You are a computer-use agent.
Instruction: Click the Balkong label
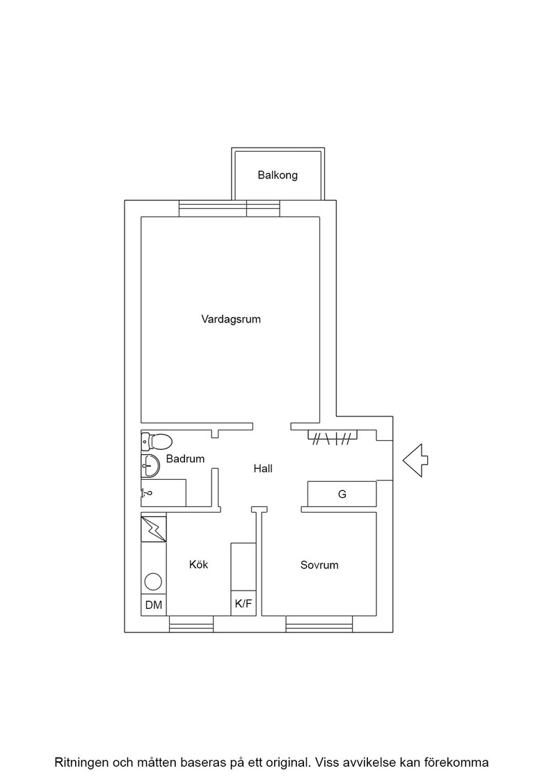[x=277, y=175]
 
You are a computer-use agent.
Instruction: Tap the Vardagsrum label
[x=231, y=320]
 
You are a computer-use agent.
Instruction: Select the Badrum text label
[x=185, y=459]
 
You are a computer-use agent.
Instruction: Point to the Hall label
[x=263, y=468]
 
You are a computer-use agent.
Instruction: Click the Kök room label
[x=199, y=565]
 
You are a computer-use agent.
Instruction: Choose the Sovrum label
[x=319, y=565]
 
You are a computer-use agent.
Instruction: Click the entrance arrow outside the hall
[x=415, y=460]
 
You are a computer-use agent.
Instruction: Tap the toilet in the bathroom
[x=157, y=441]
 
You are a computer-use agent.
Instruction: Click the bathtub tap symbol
[x=146, y=493]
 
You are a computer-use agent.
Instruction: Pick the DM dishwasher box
[x=154, y=605]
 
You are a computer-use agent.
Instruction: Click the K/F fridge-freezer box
[x=243, y=604]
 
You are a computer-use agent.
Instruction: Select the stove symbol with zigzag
[x=154, y=529]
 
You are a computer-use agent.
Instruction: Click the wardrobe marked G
[x=342, y=494]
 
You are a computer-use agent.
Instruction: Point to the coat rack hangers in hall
[x=333, y=437]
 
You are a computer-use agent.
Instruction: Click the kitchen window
[x=191, y=624]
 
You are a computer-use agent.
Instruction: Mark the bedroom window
[x=319, y=624]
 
